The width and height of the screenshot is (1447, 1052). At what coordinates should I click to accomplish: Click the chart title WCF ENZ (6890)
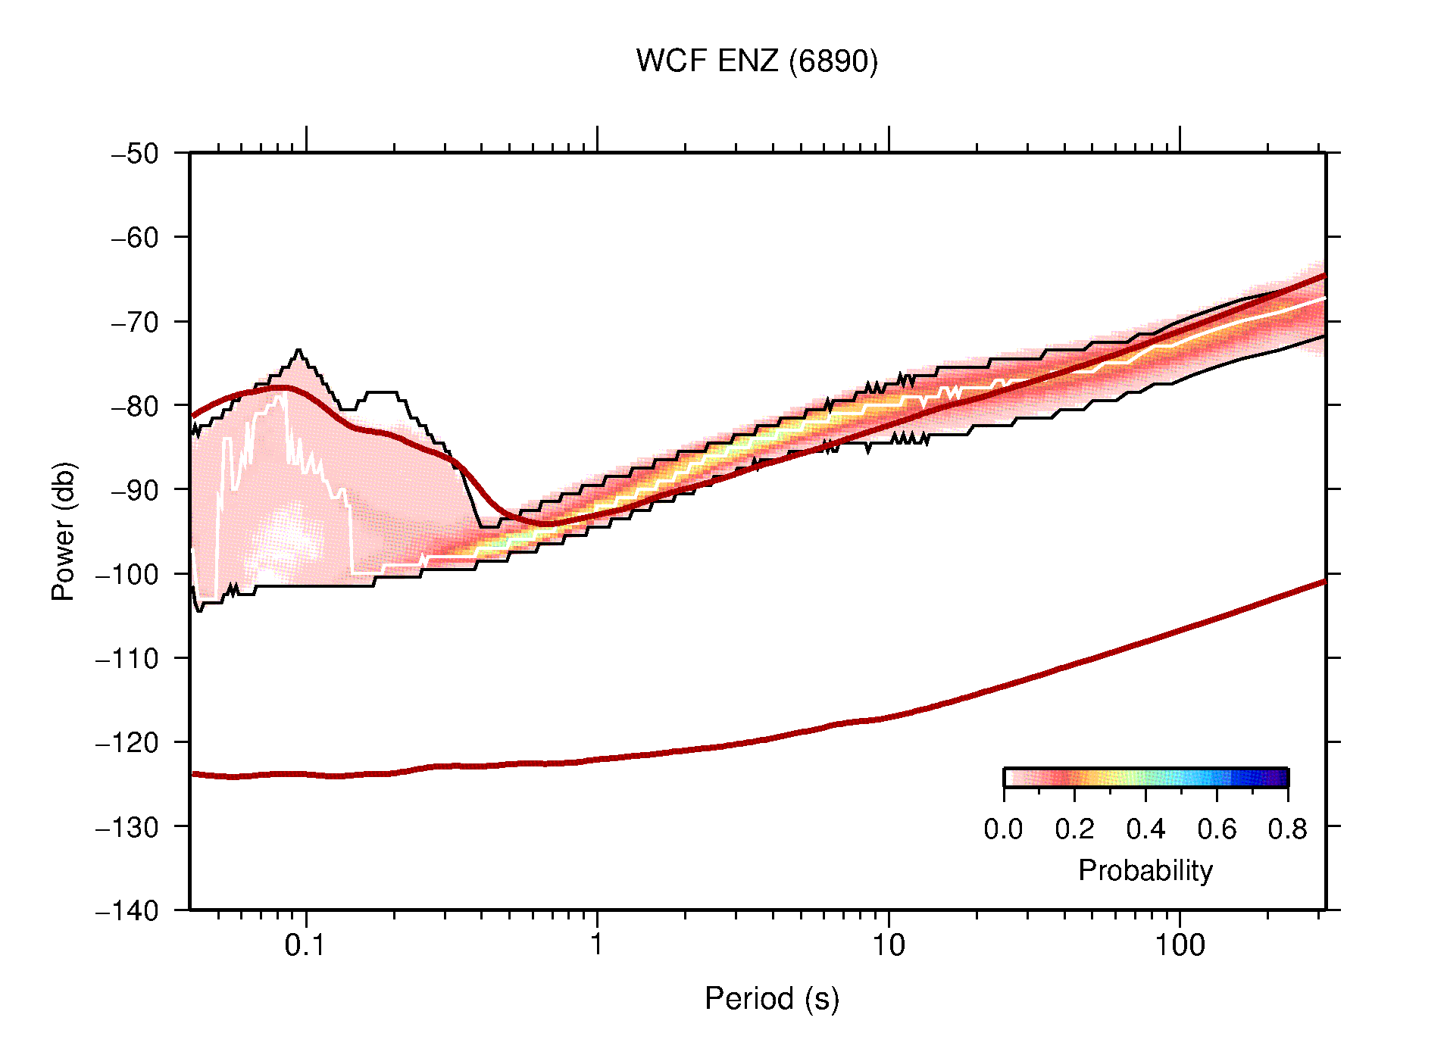click(x=756, y=61)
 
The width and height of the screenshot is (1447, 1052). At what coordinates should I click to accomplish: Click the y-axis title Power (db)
click(x=64, y=531)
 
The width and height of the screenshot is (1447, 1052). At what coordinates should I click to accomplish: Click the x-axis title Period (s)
click(x=771, y=999)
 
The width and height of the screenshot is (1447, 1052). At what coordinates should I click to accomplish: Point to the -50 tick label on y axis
click(x=135, y=154)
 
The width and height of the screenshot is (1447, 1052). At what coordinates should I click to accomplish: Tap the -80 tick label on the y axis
click(x=135, y=406)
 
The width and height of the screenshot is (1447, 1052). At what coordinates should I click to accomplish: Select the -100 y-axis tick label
click(x=127, y=574)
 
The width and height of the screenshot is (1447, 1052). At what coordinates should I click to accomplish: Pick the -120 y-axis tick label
click(x=127, y=742)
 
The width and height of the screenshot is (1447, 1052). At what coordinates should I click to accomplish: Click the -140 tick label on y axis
click(x=127, y=910)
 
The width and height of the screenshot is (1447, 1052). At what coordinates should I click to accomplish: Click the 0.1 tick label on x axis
click(x=305, y=945)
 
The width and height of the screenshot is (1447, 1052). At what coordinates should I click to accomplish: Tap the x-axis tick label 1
click(x=597, y=945)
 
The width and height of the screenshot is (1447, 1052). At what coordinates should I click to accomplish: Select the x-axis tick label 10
click(x=888, y=945)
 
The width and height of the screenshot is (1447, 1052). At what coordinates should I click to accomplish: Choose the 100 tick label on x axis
click(x=1179, y=945)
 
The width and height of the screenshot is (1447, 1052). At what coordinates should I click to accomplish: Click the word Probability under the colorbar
click(x=1145, y=871)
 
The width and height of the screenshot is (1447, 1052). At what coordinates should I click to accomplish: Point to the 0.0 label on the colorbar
click(x=1003, y=829)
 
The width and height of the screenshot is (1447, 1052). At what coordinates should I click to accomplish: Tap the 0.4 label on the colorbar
click(x=1145, y=829)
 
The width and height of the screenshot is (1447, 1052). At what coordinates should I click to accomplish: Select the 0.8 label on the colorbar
click(x=1287, y=829)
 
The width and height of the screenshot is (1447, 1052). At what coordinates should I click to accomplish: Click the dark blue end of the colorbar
click(x=1280, y=778)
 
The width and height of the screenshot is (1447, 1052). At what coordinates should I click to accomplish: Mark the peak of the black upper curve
click(x=298, y=350)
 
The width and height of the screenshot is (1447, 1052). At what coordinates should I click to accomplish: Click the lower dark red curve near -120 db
click(x=758, y=739)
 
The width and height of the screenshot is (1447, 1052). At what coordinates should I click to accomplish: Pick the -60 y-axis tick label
click(x=135, y=238)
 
